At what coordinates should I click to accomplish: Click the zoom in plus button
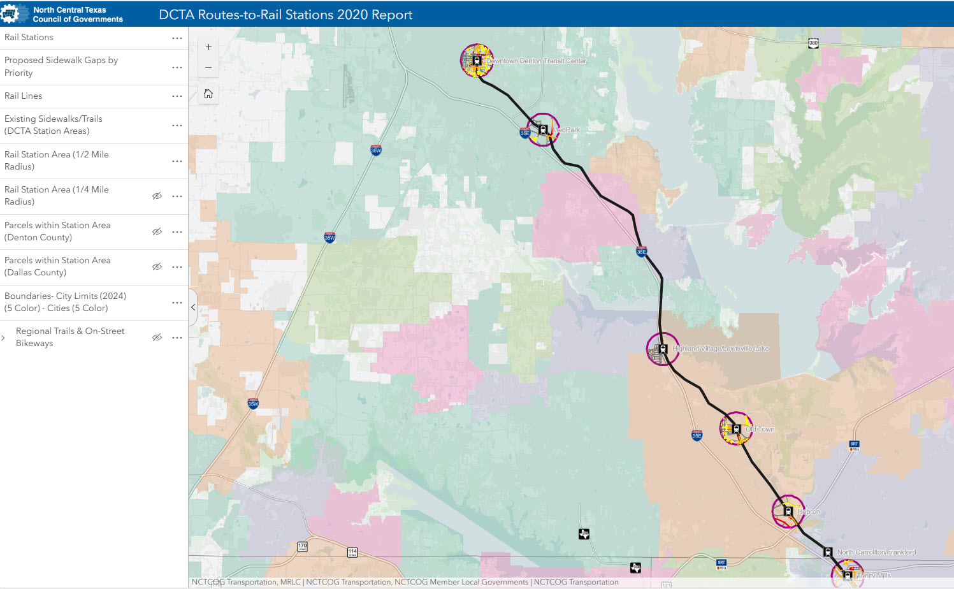(x=208, y=47)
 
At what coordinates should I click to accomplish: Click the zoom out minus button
(x=208, y=68)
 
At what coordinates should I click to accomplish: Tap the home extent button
(x=208, y=94)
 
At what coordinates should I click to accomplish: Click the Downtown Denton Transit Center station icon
(x=477, y=61)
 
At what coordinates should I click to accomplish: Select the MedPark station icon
(x=543, y=129)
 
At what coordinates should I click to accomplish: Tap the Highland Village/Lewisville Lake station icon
(x=663, y=349)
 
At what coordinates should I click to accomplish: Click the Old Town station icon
(x=736, y=429)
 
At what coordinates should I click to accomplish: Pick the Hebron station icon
(x=788, y=511)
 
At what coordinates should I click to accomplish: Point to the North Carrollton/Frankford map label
(x=876, y=552)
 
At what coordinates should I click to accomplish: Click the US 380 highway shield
(x=813, y=43)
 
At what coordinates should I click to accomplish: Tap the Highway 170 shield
(x=302, y=547)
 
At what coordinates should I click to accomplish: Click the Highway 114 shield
(x=352, y=552)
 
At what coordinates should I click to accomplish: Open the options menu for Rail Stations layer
(x=177, y=38)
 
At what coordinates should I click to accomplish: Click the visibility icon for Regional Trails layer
(x=157, y=337)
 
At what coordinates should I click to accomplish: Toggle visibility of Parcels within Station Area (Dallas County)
(x=157, y=266)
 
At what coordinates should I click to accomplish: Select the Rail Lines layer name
(x=24, y=96)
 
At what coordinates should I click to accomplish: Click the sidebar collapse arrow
(x=193, y=307)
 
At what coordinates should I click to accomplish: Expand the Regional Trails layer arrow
(x=4, y=337)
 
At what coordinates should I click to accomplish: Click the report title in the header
(x=285, y=15)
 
